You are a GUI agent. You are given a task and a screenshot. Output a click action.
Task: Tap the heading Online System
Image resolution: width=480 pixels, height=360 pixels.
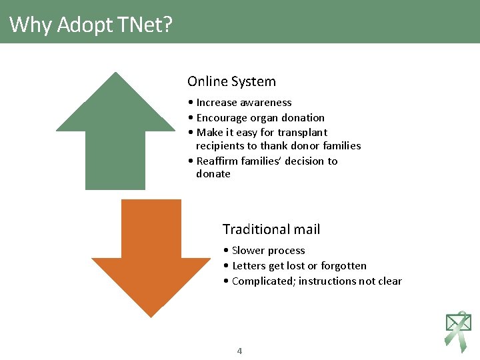click(x=231, y=82)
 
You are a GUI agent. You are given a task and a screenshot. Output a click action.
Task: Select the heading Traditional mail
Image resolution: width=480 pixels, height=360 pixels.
click(x=271, y=229)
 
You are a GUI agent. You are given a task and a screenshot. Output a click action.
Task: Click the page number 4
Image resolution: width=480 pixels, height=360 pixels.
click(x=240, y=351)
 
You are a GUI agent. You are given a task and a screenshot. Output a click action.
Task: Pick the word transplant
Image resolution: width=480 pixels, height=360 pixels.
click(x=303, y=133)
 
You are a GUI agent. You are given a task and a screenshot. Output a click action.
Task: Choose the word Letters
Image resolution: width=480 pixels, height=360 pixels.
click(x=249, y=266)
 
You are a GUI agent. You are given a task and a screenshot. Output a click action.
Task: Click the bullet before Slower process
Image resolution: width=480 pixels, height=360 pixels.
click(x=227, y=251)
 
